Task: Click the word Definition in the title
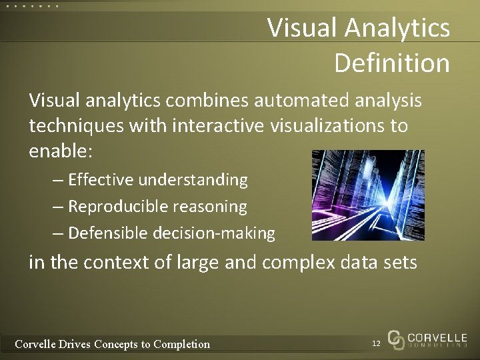[391, 63]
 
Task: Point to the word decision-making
[214, 233]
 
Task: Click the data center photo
[368, 195]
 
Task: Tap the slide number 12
[376, 343]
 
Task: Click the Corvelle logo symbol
[396, 340]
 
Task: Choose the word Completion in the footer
[181, 344]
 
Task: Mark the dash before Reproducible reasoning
[58, 207]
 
